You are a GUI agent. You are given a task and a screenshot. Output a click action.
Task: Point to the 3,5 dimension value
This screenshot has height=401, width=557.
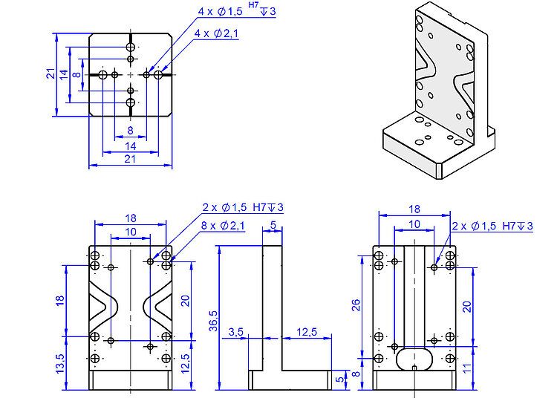point(237,331)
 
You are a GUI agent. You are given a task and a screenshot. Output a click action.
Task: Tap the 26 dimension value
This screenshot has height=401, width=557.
point(356,305)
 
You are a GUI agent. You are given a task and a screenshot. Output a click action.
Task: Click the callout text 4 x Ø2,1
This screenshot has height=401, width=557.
point(216,34)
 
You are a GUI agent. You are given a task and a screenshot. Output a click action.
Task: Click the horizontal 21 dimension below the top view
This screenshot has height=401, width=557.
point(129,159)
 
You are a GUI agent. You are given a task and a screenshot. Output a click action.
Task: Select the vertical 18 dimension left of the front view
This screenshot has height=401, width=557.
point(60,300)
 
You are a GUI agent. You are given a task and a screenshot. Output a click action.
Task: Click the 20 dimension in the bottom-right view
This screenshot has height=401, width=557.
point(467,305)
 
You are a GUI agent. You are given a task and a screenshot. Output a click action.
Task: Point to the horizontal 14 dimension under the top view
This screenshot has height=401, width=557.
point(130,146)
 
